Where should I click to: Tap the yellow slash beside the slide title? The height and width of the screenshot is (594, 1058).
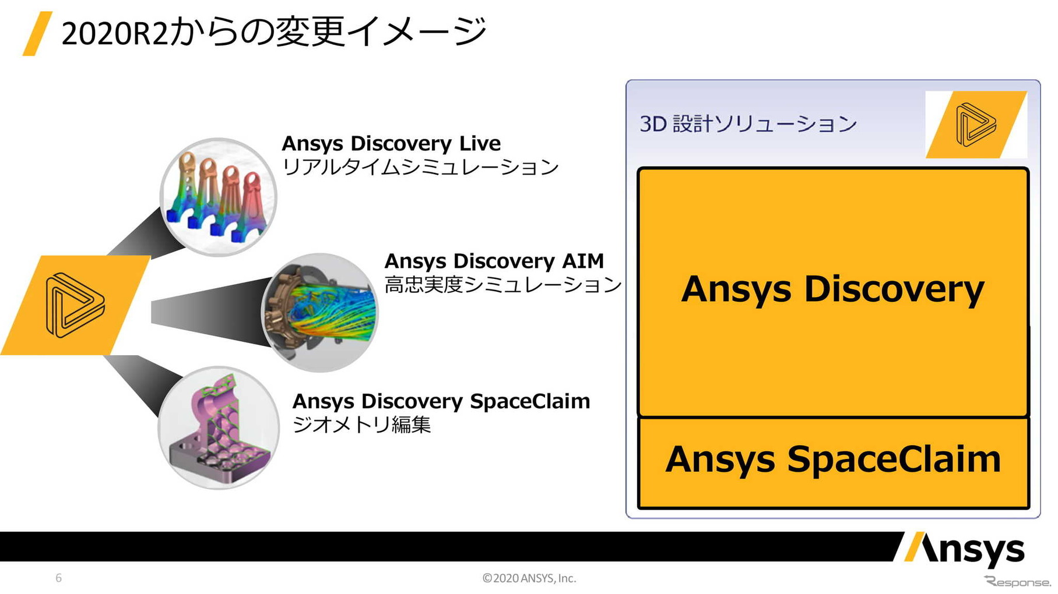coord(37,34)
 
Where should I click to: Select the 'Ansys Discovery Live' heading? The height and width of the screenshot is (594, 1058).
coord(391,143)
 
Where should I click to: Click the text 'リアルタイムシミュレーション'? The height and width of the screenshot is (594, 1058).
coord(420,167)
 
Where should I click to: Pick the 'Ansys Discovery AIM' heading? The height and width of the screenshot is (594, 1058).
coord(494,261)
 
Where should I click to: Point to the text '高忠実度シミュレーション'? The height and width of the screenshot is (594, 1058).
coord(503,285)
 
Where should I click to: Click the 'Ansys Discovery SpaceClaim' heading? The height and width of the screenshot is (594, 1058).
coord(441,401)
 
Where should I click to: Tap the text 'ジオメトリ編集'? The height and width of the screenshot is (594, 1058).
coord(361,425)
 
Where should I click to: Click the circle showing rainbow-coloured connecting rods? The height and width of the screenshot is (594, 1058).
coord(219,197)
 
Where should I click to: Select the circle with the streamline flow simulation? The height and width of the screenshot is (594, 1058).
coord(320,312)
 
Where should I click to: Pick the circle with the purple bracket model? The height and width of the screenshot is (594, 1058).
coord(219,427)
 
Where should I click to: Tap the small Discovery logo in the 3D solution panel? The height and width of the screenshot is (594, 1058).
coord(976,124)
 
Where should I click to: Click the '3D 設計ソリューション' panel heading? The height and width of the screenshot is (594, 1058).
coord(748,124)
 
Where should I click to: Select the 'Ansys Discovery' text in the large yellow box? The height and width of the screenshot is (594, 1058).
coord(832,289)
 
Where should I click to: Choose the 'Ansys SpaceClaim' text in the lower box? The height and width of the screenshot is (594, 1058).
coord(833,459)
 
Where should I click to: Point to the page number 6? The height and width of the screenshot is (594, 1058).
coord(58,578)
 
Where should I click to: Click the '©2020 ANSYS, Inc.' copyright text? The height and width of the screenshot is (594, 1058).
coord(529,578)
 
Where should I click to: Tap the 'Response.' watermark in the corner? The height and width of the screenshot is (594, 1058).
coord(1018,582)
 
